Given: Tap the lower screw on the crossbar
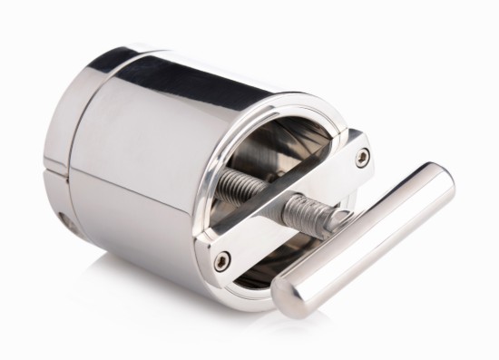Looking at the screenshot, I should tap(222, 263).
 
